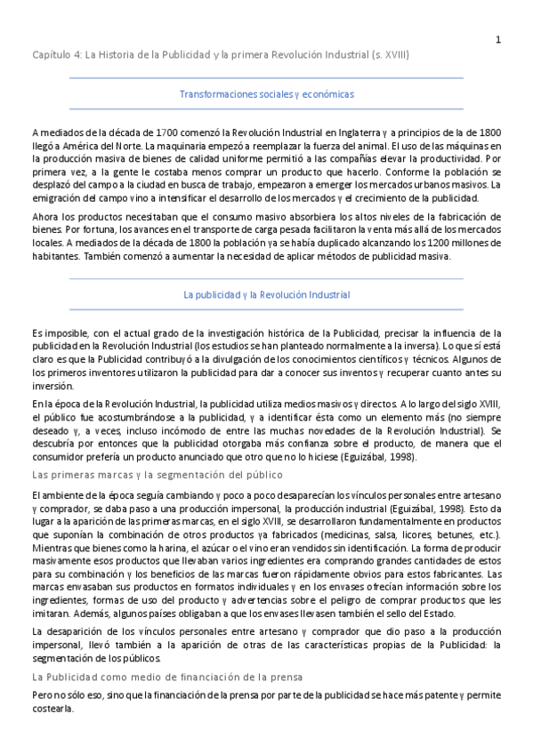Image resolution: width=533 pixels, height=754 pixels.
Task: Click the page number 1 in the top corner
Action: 498,38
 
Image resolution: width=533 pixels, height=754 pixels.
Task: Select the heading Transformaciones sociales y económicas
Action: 266,93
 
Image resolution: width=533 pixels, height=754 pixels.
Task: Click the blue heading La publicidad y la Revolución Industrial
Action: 266,294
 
